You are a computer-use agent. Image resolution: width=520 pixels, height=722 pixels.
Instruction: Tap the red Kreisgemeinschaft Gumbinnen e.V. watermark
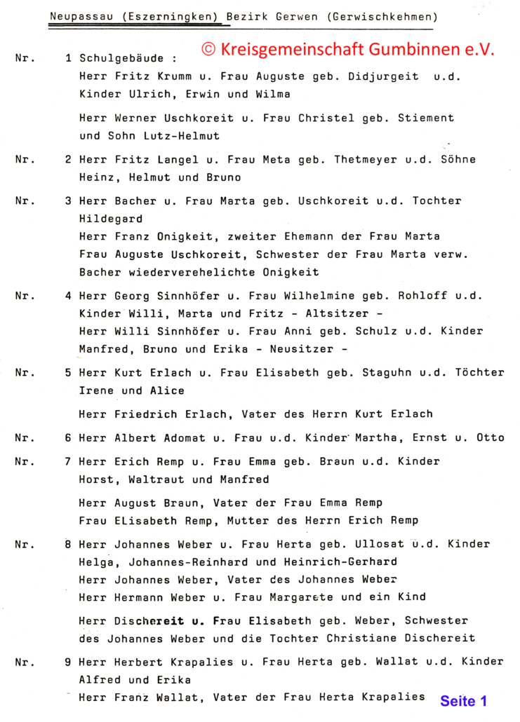click(x=348, y=49)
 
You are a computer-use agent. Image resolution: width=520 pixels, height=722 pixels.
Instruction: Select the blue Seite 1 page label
click(x=463, y=700)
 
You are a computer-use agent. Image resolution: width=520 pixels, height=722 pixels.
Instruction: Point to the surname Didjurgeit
click(x=383, y=76)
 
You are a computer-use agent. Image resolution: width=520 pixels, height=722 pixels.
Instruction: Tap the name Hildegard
click(x=111, y=219)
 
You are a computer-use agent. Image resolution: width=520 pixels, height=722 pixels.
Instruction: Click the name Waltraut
click(x=153, y=479)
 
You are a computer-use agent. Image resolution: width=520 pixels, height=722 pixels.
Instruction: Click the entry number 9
click(x=68, y=662)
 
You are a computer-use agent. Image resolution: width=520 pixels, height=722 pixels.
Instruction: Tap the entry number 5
click(x=68, y=373)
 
